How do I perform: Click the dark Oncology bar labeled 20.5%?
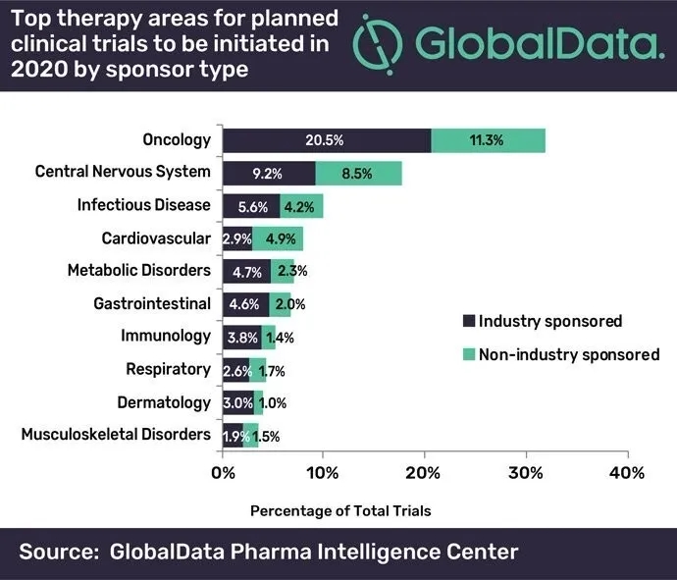(x=327, y=139)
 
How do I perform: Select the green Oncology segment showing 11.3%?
(x=488, y=139)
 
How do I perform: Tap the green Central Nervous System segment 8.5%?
(x=358, y=173)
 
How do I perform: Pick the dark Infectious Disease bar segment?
(x=251, y=206)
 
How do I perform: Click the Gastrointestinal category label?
(x=151, y=303)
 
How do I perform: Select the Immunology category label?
(x=166, y=336)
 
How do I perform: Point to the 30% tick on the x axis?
(x=525, y=472)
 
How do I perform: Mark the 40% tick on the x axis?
(x=626, y=472)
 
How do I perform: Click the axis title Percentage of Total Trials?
(x=340, y=510)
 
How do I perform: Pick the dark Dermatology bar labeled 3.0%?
(x=238, y=401)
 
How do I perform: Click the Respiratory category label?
(x=168, y=369)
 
